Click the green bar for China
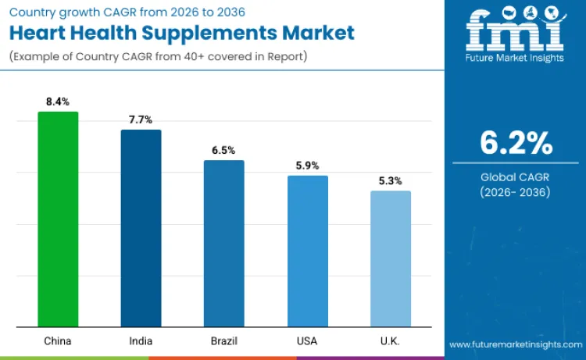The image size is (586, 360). [x=58, y=219]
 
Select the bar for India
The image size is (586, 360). [x=141, y=228]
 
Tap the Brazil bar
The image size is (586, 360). [x=223, y=243]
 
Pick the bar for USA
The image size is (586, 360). [x=307, y=251]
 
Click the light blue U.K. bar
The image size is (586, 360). [x=390, y=258]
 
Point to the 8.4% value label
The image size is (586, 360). [x=58, y=102]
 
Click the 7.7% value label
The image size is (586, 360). [x=141, y=119]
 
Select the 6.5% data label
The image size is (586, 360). [x=223, y=150]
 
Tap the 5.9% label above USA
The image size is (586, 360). [x=307, y=166]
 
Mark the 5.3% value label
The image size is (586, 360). [x=390, y=180]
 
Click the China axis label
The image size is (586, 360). [x=58, y=341]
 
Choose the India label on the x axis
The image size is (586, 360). [x=141, y=341]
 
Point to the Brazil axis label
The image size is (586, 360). [x=223, y=341]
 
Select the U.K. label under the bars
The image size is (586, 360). [x=390, y=341]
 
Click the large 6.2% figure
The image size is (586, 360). [x=516, y=144]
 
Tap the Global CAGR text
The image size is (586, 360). [x=516, y=177]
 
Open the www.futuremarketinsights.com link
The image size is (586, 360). [x=516, y=344]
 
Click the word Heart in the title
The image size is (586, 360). [x=41, y=33]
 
